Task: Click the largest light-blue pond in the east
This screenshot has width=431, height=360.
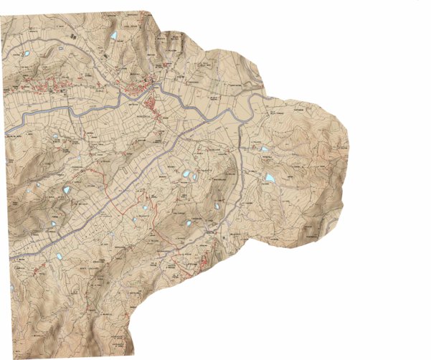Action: (270, 177)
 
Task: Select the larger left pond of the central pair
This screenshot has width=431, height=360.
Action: (185, 174)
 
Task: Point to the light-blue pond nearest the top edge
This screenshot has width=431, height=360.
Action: (113, 34)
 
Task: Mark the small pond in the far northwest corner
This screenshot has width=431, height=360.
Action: (26, 54)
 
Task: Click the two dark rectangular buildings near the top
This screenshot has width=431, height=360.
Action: (72, 34)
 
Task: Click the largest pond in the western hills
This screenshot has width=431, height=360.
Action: (67, 190)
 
